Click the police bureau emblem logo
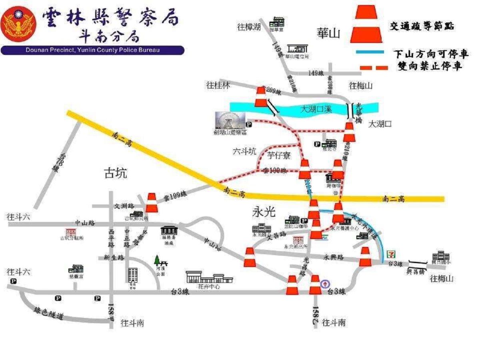point(18,24)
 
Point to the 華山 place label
point(327,33)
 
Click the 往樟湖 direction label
point(249,27)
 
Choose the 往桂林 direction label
point(218,85)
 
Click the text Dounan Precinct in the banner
point(46,50)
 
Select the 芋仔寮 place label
point(279,155)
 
